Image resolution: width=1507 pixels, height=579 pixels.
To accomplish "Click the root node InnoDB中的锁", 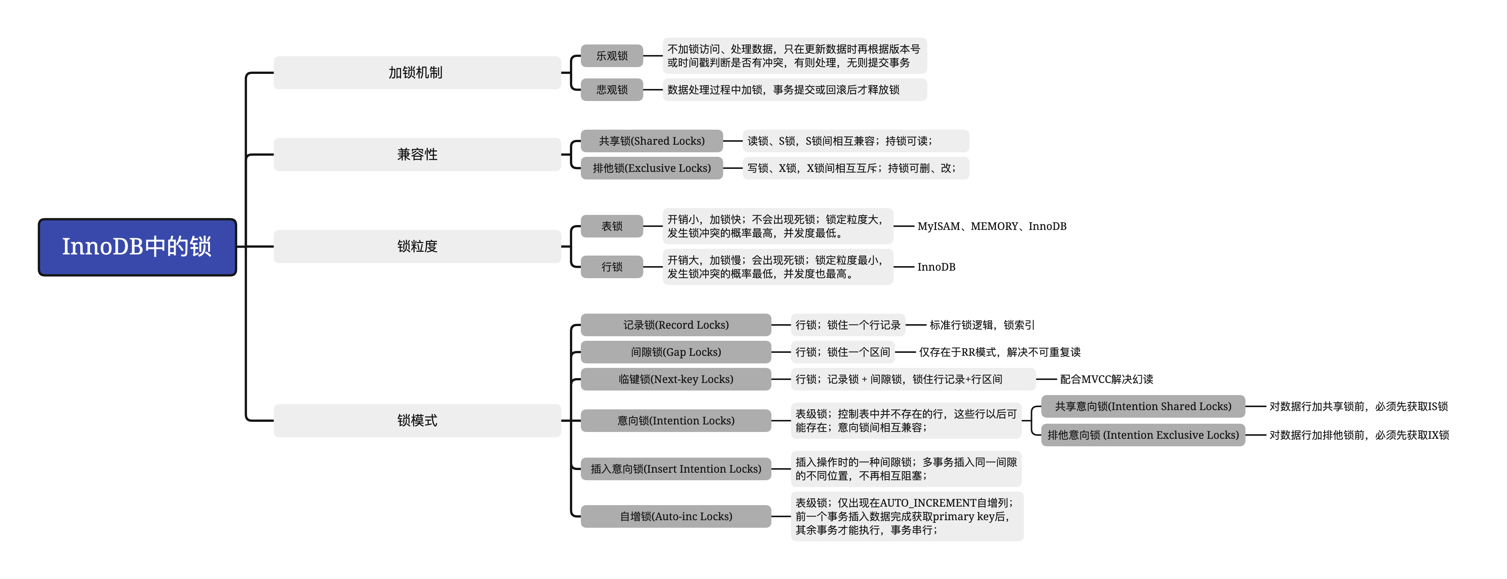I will pyautogui.click(x=137, y=247).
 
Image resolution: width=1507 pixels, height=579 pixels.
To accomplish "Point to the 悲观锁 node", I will pyautogui.click(x=611, y=89).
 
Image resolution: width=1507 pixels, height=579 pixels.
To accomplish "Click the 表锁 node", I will pyautogui.click(x=611, y=226).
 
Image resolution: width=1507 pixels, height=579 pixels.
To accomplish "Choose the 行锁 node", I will pyautogui.click(x=611, y=267).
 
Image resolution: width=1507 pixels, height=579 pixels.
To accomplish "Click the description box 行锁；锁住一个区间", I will pyautogui.click(x=842, y=352).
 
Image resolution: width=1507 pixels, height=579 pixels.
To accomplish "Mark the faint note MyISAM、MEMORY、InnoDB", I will pyautogui.click(x=992, y=226).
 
